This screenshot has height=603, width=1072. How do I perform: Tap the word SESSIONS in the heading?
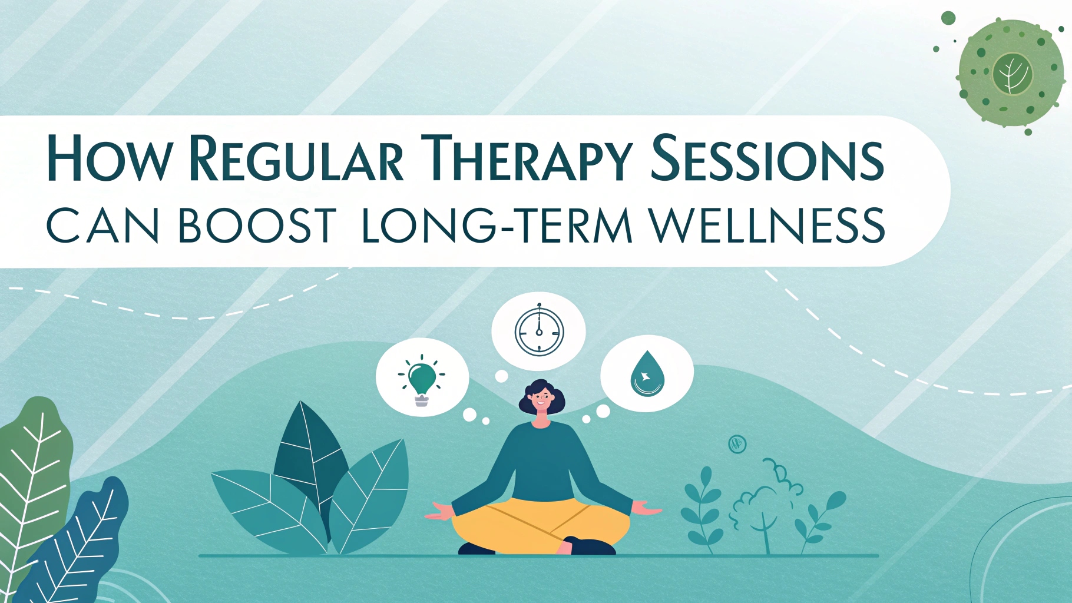coord(767,158)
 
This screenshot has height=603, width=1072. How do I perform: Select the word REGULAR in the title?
coord(297,158)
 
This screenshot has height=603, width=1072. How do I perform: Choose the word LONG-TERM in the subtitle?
coord(497,225)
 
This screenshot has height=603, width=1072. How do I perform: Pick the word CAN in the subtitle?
coord(102,225)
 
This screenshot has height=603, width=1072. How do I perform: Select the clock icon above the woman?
coord(539,330)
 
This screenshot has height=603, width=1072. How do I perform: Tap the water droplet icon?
coord(646,373)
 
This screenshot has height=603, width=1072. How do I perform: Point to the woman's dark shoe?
coord(589,545)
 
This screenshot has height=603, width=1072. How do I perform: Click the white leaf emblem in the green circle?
coord(1011,74)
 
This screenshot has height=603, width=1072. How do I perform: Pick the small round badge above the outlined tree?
coord(737,443)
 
